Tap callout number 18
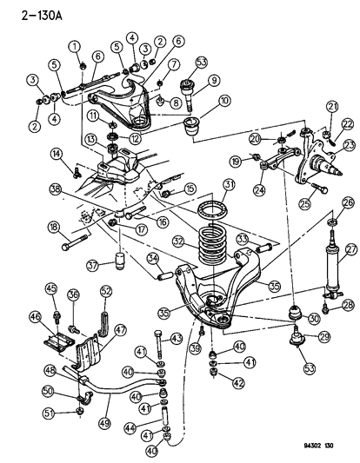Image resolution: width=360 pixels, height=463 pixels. (x=54, y=228)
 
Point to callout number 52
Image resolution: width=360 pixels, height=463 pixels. (x=107, y=291)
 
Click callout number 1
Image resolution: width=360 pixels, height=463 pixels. (x=76, y=45)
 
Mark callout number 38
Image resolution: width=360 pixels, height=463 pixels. (x=55, y=188)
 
